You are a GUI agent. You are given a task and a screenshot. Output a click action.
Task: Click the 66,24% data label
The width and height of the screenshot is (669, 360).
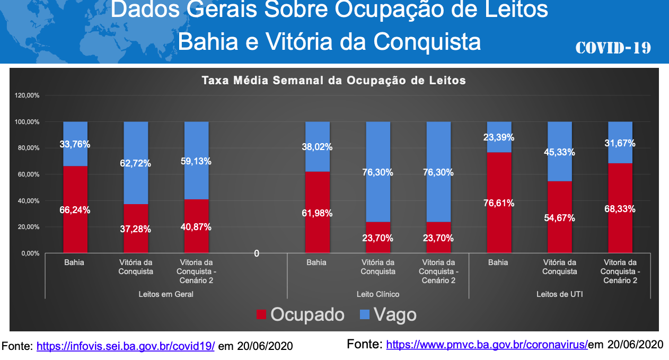(x=75, y=210)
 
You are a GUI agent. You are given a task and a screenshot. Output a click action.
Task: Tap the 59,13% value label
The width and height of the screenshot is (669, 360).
(x=196, y=161)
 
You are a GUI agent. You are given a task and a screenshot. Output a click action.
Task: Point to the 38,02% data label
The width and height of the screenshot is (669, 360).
(x=317, y=147)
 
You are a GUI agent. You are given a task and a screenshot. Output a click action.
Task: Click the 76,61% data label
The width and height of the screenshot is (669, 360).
(x=498, y=203)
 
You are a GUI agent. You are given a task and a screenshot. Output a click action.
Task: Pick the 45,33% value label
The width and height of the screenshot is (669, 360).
(x=559, y=152)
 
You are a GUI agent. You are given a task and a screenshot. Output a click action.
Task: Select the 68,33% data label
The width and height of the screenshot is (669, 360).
(x=620, y=209)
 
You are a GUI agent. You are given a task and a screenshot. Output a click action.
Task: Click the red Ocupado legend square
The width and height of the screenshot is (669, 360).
(x=261, y=315)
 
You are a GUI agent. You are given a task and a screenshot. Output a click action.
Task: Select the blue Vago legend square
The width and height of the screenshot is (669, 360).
(x=364, y=315)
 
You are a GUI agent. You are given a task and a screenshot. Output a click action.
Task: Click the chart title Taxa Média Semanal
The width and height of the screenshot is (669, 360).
(x=333, y=81)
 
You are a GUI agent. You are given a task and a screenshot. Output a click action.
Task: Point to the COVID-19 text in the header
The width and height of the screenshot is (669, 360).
(x=613, y=48)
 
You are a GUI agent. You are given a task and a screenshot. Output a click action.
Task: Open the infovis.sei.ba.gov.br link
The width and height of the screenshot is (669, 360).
(x=126, y=347)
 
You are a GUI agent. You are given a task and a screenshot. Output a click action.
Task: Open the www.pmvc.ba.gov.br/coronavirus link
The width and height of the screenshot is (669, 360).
(x=487, y=345)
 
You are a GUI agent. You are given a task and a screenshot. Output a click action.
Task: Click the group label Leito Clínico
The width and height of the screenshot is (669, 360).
(x=378, y=294)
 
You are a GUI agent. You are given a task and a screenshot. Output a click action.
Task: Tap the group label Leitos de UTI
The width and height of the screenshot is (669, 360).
(x=559, y=294)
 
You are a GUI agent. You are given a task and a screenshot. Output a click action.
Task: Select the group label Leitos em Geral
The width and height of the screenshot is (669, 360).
(x=166, y=294)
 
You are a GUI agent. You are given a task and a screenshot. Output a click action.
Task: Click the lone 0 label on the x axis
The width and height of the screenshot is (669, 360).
(x=257, y=254)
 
